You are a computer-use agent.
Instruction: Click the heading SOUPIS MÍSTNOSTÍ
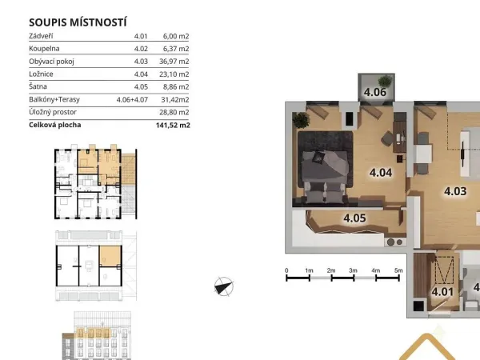pyautogui.click(x=78, y=22)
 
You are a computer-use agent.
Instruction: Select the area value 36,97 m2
pyautogui.click(x=174, y=62)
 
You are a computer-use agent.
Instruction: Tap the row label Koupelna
pyautogui.click(x=44, y=49)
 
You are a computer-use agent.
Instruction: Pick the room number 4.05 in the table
pyautogui.click(x=141, y=86)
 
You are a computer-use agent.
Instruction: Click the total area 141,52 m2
pyautogui.click(x=173, y=125)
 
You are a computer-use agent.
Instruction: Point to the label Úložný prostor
pyautogui.click(x=53, y=112)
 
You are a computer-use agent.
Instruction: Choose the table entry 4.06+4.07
pyautogui.click(x=132, y=99)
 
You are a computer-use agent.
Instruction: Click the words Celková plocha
pyautogui.click(x=55, y=125)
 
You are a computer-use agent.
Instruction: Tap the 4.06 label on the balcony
pyautogui.click(x=375, y=92)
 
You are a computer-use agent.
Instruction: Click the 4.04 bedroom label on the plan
pyautogui.click(x=381, y=173)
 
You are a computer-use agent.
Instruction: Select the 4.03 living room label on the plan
pyautogui.click(x=455, y=191)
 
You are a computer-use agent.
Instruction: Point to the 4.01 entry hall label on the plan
pyautogui.click(x=442, y=292)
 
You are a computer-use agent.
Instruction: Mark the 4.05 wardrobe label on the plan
pyautogui.click(x=354, y=218)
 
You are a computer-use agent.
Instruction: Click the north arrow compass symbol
pyautogui.click(x=224, y=286)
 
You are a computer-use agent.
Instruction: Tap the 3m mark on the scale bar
pyautogui.click(x=353, y=270)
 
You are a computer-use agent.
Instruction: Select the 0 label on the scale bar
pyautogui.click(x=286, y=270)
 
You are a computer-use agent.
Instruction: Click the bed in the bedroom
pyautogui.click(x=326, y=177)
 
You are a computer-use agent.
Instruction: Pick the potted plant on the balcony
pyautogui.click(x=385, y=81)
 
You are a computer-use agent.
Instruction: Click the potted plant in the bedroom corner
pyautogui.click(x=302, y=119)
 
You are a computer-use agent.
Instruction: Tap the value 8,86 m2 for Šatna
pyautogui.click(x=176, y=86)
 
